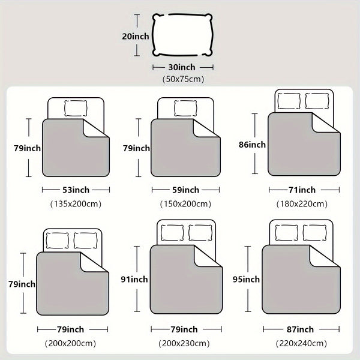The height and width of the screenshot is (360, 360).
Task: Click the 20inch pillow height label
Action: [x=136, y=36]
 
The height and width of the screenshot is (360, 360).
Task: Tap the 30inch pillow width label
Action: [x=182, y=67]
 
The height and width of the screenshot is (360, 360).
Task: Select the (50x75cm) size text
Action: [x=183, y=79]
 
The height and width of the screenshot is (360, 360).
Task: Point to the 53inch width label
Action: [x=76, y=190]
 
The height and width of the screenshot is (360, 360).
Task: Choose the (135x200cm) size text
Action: [x=76, y=204]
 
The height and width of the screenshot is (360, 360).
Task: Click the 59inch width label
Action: [x=186, y=190]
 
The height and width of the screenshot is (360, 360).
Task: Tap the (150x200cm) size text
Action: [x=185, y=204]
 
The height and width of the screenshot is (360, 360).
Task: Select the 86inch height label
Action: [x=252, y=145]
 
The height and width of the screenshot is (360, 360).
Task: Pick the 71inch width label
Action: [x=302, y=190]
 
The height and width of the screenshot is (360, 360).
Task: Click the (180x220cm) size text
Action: [x=302, y=204]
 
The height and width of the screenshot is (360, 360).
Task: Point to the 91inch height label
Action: [x=134, y=279]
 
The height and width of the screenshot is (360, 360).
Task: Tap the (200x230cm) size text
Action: [x=184, y=343]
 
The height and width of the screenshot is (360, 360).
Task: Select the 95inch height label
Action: [x=246, y=279]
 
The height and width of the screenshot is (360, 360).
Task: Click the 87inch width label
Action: [x=300, y=329]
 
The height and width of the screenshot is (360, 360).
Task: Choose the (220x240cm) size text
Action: [x=301, y=343]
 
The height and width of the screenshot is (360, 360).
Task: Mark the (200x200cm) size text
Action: [x=70, y=343]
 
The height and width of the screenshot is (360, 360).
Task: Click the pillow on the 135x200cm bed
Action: [x=76, y=109]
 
